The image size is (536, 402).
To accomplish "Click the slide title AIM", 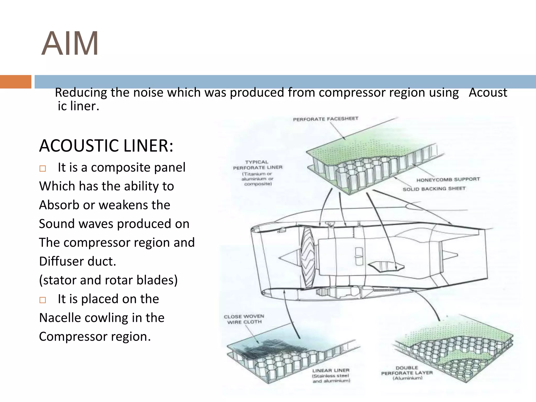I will click(x=70, y=44).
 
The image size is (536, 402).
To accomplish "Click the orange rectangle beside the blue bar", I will click(x=15, y=82).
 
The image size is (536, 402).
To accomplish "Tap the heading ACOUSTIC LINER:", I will click(x=106, y=146).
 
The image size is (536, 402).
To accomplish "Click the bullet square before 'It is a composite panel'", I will click(x=43, y=168).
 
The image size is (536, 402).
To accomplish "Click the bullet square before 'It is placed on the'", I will click(x=43, y=300).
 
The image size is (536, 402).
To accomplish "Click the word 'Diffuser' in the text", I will click(x=61, y=261).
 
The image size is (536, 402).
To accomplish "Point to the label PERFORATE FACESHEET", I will click(x=325, y=119).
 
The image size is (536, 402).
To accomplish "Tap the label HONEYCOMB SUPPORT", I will click(x=448, y=180).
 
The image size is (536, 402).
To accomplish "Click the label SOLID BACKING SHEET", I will click(x=434, y=189).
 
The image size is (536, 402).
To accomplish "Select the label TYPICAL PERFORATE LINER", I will click(x=258, y=165).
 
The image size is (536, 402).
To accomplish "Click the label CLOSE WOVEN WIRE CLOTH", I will click(x=244, y=319).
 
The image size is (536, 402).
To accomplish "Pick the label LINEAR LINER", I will click(x=331, y=370).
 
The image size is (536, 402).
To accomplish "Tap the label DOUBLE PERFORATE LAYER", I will click(x=407, y=370).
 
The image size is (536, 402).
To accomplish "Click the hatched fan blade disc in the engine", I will click(x=307, y=258).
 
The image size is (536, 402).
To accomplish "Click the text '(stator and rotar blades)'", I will click(x=108, y=280).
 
